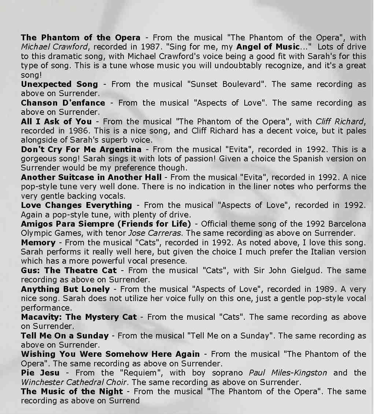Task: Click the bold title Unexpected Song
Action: coord(59,84)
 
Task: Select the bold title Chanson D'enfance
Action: coord(63,103)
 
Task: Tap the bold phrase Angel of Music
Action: coord(268,47)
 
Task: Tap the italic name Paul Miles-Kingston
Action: coord(288,373)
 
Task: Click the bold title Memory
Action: coord(38,242)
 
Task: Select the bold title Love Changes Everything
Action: coord(76,205)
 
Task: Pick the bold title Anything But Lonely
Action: coord(65,289)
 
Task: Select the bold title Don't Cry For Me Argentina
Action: coord(81,149)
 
